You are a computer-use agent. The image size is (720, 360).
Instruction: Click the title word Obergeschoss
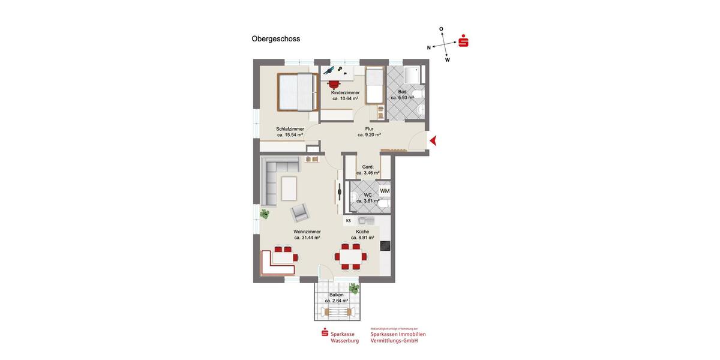(275, 39)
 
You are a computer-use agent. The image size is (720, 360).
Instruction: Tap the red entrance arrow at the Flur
(433, 140)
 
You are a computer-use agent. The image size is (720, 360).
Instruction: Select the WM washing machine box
(385, 191)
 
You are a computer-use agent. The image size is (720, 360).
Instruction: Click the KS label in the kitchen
(348, 221)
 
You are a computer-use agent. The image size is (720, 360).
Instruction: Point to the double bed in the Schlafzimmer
(297, 92)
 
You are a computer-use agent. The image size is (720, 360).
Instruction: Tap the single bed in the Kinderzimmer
(374, 85)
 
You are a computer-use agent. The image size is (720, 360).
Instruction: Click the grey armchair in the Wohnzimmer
(300, 212)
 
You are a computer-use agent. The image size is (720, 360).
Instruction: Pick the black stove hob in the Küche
(385, 245)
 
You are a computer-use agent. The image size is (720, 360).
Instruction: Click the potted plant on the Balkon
(354, 289)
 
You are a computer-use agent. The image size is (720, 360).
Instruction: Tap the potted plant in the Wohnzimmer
(264, 213)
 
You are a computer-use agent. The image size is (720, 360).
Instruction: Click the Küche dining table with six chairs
(350, 255)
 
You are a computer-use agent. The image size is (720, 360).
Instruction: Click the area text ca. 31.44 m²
(307, 238)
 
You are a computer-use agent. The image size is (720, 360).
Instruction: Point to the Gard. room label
(368, 167)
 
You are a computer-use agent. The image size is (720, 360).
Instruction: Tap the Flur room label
(369, 128)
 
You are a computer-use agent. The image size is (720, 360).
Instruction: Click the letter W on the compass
(448, 60)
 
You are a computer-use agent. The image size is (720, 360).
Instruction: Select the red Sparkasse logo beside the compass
(463, 42)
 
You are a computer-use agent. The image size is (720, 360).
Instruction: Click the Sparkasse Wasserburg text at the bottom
(344, 337)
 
